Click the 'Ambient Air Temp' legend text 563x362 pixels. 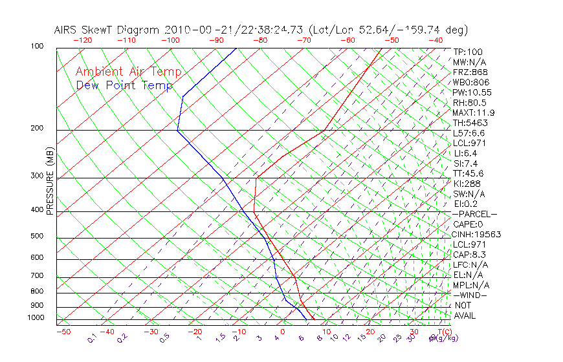[128, 72]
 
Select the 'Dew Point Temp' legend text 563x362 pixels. [124, 85]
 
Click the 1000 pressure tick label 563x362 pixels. [36, 317]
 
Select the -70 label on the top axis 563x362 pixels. [303, 40]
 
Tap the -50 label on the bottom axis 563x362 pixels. [63, 332]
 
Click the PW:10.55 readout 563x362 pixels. [471, 92]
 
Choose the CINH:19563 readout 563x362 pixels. [477, 234]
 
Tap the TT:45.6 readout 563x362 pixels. [469, 173]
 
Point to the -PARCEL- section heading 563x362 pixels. [474, 214]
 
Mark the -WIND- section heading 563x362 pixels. [470, 295]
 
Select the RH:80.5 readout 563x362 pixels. [469, 102]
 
